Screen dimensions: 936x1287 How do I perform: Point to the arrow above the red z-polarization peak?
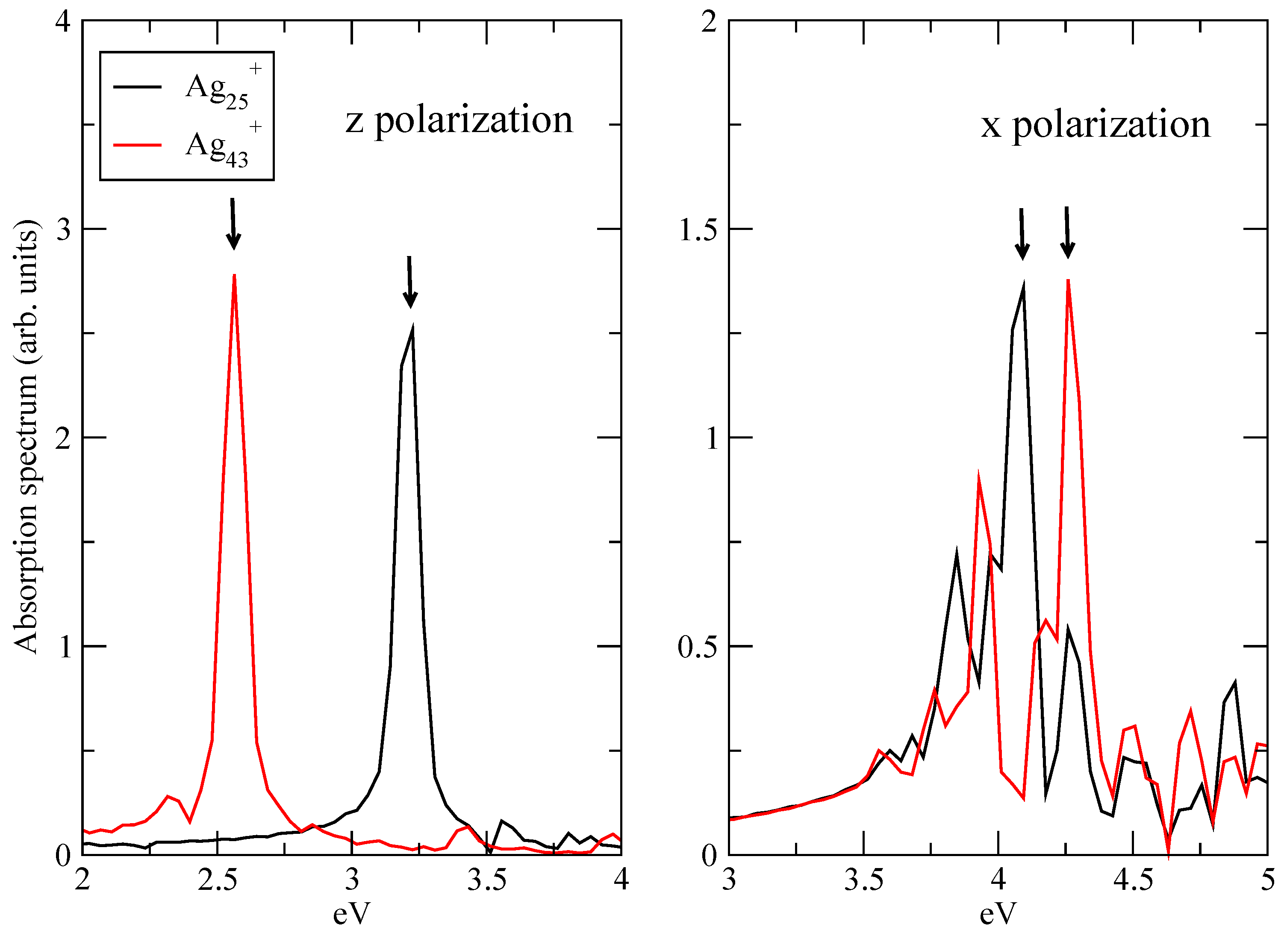pos(233,224)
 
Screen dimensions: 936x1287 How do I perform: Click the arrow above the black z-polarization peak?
pos(410,282)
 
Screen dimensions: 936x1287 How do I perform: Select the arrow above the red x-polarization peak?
pos(1067,233)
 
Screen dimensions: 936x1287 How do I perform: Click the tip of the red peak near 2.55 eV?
pos(234,276)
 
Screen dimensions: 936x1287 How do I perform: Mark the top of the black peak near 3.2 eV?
pos(412,328)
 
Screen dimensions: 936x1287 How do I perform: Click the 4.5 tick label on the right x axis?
pos(1133,880)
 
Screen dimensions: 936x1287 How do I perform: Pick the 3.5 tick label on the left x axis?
pos(487,880)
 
